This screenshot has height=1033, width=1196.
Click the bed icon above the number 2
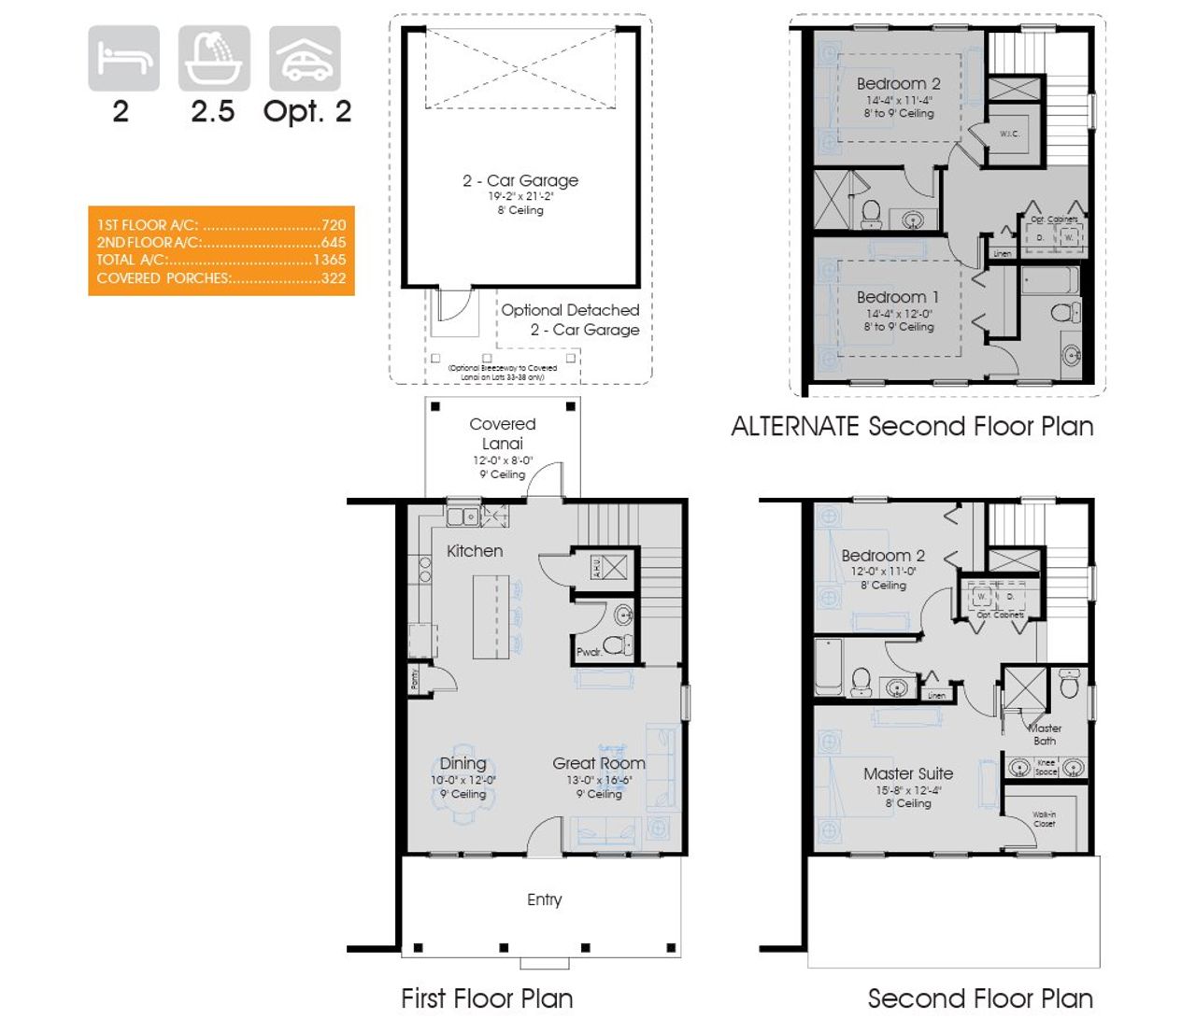(123, 58)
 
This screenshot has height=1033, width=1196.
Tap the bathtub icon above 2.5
(214, 58)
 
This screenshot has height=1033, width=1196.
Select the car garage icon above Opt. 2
(305, 58)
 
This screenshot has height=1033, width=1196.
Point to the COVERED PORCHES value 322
(333, 277)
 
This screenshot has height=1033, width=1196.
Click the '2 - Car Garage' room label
(520, 180)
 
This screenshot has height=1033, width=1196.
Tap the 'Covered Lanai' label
(503, 433)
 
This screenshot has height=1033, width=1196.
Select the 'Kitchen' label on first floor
(475, 551)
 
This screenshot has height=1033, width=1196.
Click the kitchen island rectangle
(491, 616)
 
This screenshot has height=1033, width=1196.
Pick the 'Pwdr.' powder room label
(589, 652)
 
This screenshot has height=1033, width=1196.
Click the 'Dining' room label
(463, 763)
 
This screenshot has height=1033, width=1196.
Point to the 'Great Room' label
(599, 763)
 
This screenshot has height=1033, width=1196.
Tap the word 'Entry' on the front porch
(545, 899)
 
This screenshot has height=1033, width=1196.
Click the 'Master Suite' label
(908, 773)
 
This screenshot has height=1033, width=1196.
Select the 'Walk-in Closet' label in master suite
(1045, 819)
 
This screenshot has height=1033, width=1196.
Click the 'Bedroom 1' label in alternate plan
(898, 297)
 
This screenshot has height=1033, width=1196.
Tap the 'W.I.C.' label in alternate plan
(1009, 134)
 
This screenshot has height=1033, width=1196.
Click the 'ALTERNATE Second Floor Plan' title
(912, 427)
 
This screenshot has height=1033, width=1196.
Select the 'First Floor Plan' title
(487, 998)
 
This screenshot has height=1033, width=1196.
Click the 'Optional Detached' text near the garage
(570, 310)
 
